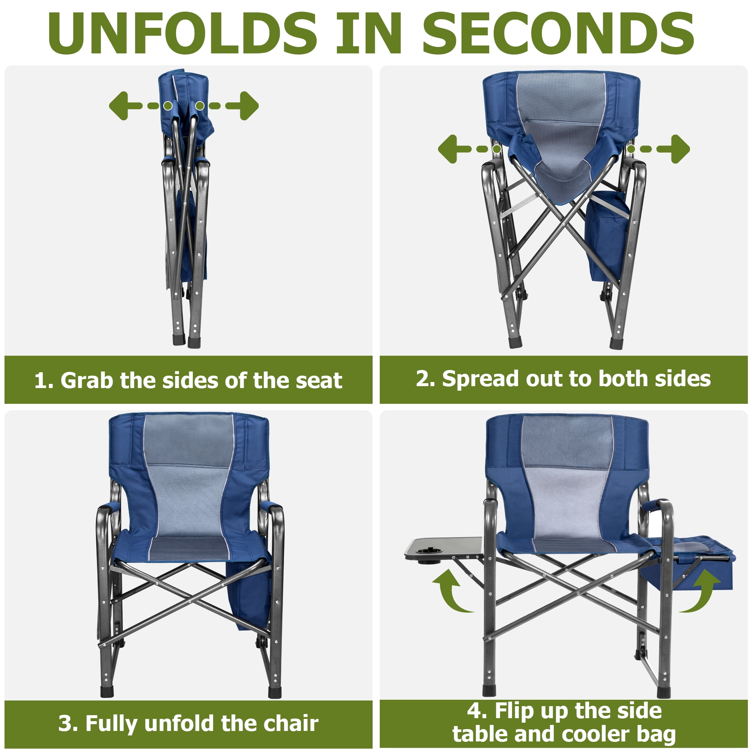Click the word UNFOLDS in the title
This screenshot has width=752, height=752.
(183, 33)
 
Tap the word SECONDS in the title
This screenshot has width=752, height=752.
(559, 33)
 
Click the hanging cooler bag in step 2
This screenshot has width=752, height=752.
(607, 235)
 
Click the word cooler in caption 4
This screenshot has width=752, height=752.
(594, 734)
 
